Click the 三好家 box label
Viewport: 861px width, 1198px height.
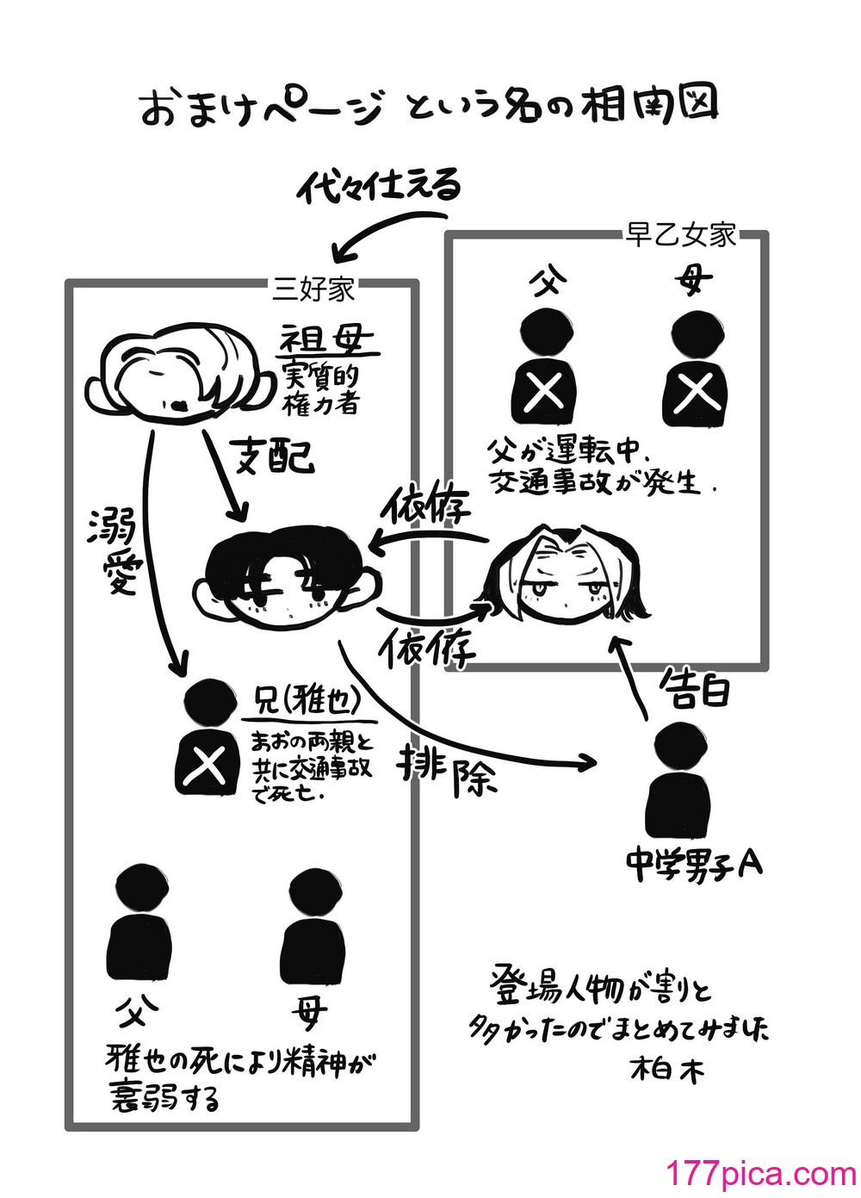[x=313, y=288]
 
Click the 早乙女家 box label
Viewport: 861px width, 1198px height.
[x=680, y=235]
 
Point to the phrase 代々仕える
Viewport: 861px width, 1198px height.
[x=379, y=184]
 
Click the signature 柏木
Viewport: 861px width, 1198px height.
[x=668, y=1070]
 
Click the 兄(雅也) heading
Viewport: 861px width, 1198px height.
[x=307, y=704]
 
